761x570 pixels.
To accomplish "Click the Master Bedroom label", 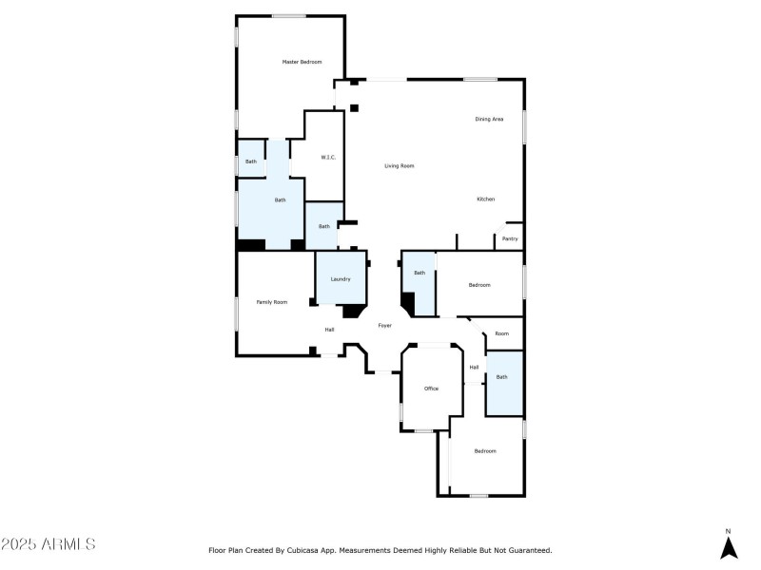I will (302, 62).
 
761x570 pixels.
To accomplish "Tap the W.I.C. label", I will (327, 157).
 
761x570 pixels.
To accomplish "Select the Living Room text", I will (400, 166).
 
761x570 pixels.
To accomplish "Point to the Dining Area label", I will (489, 119).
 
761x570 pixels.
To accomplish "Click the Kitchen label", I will (486, 199).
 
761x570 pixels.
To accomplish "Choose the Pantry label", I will (511, 238).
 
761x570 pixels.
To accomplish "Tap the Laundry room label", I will (341, 279).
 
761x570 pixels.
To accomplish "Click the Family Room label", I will (272, 302).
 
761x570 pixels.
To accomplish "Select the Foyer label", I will (385, 326).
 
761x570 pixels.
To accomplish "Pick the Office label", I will (431, 389).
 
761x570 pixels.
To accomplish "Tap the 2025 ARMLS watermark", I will (49, 544).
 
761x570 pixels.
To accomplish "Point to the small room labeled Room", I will (501, 333).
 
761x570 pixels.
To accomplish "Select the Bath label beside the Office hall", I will (501, 377).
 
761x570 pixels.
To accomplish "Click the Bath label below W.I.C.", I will (323, 226).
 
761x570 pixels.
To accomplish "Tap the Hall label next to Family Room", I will (329, 330).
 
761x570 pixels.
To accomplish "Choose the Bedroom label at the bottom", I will (485, 450).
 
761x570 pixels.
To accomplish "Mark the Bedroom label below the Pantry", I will (479, 285).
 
